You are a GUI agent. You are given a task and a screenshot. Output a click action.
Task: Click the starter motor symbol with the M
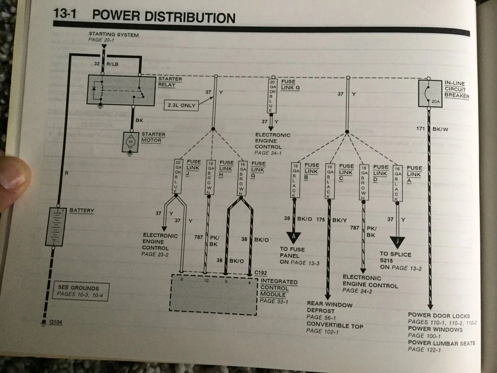tap(131, 142)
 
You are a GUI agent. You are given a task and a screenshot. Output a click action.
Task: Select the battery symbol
tap(56, 227)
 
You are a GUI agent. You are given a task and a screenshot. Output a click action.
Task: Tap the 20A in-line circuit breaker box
tap(430, 93)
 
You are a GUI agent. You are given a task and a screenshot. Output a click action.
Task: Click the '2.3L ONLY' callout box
tap(181, 106)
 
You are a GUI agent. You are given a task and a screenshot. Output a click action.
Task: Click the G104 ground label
tap(56, 322)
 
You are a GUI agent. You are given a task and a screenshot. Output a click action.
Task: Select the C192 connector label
tap(260, 273)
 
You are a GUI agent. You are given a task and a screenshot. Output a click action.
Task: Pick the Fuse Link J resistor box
tap(178, 177)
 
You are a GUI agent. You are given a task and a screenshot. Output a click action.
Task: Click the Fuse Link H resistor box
tap(210, 177)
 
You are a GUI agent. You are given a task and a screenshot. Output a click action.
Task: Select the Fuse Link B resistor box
tap(295, 180)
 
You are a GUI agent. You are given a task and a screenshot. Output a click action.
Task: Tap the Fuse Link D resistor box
tap(364, 182)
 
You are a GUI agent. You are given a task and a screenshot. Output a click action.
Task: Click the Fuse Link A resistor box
tap(397, 183)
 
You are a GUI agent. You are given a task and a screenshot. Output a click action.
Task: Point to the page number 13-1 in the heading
tap(65, 13)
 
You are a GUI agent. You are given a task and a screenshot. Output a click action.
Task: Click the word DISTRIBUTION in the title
tap(190, 17)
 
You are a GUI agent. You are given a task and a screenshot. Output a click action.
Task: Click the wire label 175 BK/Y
tap(331, 220)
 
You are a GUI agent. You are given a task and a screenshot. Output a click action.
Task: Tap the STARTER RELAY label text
tap(170, 82)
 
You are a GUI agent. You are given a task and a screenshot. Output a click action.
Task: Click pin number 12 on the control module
tap(206, 281)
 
